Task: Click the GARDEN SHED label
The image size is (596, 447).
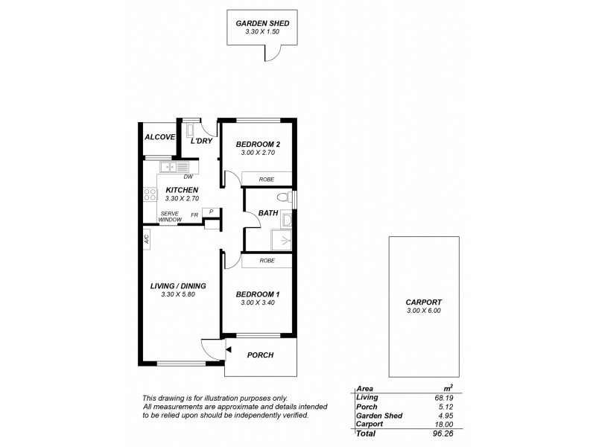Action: [x=262, y=23]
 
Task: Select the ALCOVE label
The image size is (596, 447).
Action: [x=159, y=137]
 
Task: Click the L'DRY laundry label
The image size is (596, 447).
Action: [x=202, y=141]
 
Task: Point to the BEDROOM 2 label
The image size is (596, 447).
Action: [x=258, y=144]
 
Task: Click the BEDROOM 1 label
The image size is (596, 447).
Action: [x=258, y=294]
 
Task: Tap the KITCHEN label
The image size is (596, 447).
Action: [x=181, y=190]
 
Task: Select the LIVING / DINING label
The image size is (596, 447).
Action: [x=179, y=286]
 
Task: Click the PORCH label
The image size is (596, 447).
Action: [x=261, y=355]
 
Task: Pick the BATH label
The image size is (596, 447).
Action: [x=267, y=214]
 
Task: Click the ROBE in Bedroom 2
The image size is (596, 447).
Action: [x=266, y=180]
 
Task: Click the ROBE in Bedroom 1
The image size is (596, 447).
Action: [x=267, y=261]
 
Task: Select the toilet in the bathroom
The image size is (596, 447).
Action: [x=282, y=198]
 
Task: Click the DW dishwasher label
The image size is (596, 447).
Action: [x=188, y=177]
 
